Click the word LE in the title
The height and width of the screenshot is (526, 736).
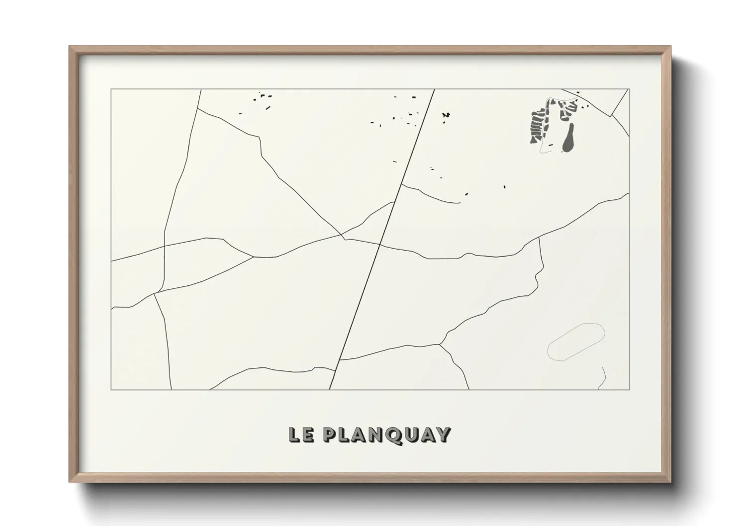(x=300, y=435)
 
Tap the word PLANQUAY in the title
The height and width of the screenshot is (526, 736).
(x=386, y=435)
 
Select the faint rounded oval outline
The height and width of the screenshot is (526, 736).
(x=576, y=342)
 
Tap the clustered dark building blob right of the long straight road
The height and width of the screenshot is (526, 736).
(x=447, y=115)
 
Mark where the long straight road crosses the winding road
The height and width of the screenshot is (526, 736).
(x=380, y=244)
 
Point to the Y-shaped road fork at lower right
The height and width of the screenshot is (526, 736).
(x=441, y=344)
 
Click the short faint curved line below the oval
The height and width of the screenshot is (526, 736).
(x=603, y=377)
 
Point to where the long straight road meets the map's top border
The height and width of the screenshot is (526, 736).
(x=434, y=89)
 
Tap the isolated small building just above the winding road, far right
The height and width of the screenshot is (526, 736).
(x=504, y=187)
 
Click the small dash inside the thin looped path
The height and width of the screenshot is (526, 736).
(x=551, y=145)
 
